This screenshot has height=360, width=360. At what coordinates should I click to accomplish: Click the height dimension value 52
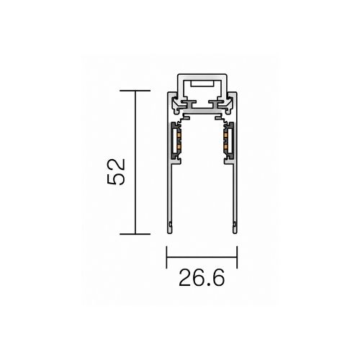(x=117, y=172)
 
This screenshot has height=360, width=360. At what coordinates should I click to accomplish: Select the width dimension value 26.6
(x=202, y=278)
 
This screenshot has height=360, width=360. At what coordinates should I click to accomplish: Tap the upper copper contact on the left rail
(x=179, y=136)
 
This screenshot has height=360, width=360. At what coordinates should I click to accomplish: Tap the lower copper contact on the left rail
(x=179, y=146)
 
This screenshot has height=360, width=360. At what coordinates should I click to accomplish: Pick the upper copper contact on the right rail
(x=225, y=136)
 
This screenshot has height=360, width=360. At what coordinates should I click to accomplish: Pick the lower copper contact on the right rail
(x=225, y=146)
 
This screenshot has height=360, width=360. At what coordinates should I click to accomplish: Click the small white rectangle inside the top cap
(x=202, y=84)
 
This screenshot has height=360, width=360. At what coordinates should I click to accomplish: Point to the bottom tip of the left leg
(x=170, y=233)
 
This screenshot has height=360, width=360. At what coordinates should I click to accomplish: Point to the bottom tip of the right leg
(x=235, y=233)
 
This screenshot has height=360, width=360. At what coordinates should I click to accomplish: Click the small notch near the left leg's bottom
(x=171, y=224)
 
